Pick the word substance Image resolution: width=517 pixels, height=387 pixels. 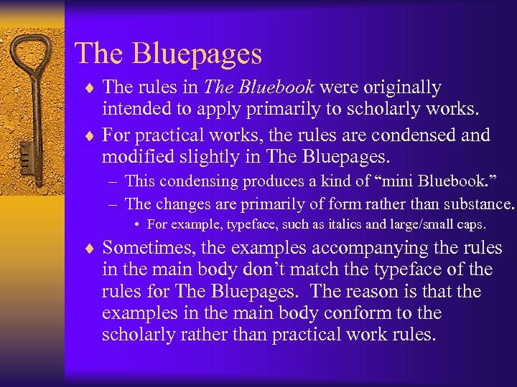point(477,204)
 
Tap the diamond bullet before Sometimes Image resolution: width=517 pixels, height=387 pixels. point(89,249)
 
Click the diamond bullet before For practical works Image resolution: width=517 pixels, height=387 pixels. point(89,135)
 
